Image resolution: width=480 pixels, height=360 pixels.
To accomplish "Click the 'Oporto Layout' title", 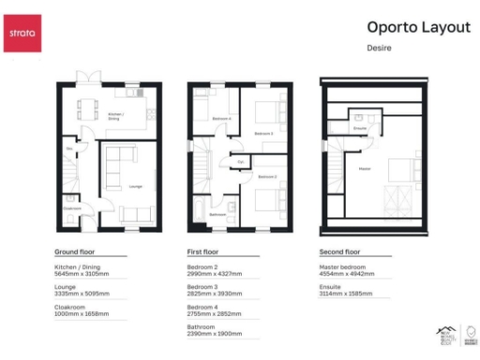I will click(x=418, y=27).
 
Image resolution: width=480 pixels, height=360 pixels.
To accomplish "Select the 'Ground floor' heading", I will click(x=76, y=253).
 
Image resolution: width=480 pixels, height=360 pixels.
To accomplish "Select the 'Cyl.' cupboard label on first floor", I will click(x=240, y=162).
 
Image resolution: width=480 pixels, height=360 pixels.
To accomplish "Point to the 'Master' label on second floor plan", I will click(x=361, y=168).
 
